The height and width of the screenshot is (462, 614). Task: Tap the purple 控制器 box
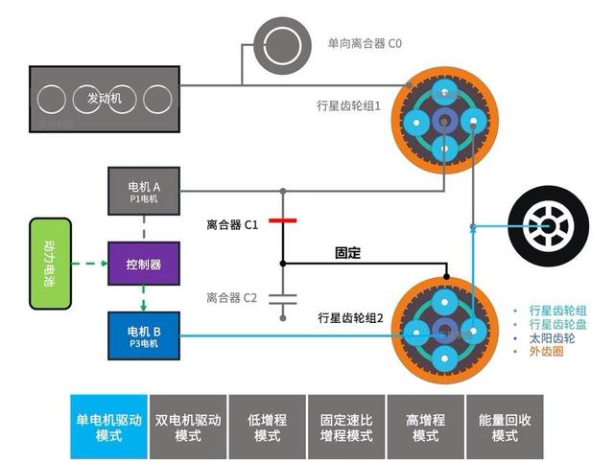pyautogui.click(x=142, y=263)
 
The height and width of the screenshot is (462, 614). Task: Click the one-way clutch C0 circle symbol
pyautogui.click(x=281, y=44)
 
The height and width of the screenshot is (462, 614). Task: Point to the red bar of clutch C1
pyautogui.click(x=282, y=221)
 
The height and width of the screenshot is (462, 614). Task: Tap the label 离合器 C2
pyautogui.click(x=231, y=298)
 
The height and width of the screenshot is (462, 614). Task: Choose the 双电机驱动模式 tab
pyautogui.click(x=188, y=427)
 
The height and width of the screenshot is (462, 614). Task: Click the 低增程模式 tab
pyautogui.click(x=267, y=427)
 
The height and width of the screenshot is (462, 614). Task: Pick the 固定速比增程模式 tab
pyautogui.click(x=346, y=427)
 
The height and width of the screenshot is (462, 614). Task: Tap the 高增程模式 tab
pyautogui.click(x=425, y=427)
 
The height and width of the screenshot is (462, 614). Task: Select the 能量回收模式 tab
pyautogui.click(x=505, y=427)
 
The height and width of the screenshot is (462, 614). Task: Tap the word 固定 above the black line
pyautogui.click(x=347, y=253)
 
